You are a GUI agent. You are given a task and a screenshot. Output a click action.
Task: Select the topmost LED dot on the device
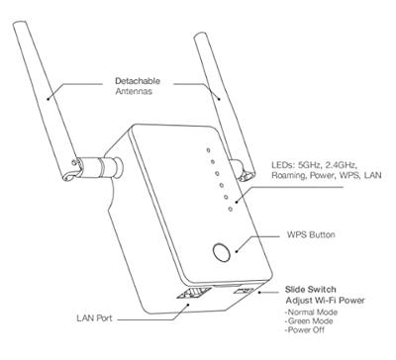click(x=209, y=150)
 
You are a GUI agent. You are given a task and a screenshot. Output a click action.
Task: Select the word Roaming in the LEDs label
click(x=291, y=175)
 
